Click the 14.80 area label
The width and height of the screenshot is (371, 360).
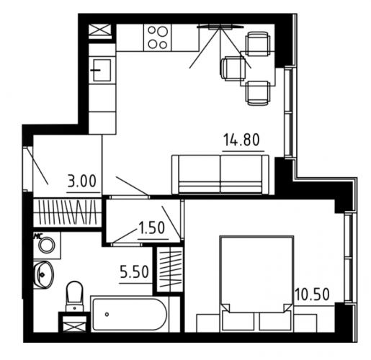click(x=242, y=140)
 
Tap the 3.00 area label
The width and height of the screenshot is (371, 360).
click(x=82, y=181)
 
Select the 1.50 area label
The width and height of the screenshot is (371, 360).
click(x=151, y=228)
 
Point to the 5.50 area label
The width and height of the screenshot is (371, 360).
click(x=135, y=272)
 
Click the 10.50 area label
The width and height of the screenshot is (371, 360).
click(x=313, y=294)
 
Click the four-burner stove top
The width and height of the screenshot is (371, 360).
click(x=158, y=37)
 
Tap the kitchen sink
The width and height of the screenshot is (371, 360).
click(x=102, y=70)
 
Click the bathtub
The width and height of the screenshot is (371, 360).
click(x=130, y=314)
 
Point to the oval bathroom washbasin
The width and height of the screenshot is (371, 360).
click(x=44, y=274)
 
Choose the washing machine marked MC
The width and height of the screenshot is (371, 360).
click(x=47, y=245)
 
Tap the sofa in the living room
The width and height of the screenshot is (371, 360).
click(x=220, y=174)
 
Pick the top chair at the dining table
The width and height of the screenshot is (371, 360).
click(x=257, y=44)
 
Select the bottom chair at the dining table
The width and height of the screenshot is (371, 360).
click(x=257, y=93)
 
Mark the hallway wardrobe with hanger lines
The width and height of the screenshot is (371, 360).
click(x=67, y=212)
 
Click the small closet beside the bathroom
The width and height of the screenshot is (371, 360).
click(x=169, y=269)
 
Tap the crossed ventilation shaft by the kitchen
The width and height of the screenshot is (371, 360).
click(x=100, y=30)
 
